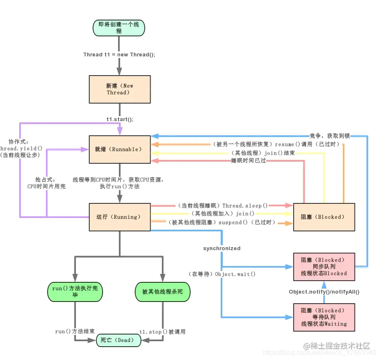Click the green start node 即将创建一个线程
pos(119,28)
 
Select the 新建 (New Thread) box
pos(120,89)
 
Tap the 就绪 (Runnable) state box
pos(120,149)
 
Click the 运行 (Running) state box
pos(120,217)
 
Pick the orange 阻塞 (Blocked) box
pos(324,217)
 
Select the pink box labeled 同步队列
pos(324,266)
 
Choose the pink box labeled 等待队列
pos(324,317)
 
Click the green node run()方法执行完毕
pos(75,292)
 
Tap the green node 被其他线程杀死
pos(162,292)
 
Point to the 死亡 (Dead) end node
pos(118,340)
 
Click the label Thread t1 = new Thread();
pos(119,55)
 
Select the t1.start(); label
pos(120,119)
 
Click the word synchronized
pos(222,248)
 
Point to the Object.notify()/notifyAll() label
pos(324,292)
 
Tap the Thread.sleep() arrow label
pos(223,205)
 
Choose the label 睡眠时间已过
pos(249,161)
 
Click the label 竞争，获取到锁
pos(330,136)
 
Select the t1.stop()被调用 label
pos(162,332)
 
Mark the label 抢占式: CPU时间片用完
pos(46,183)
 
